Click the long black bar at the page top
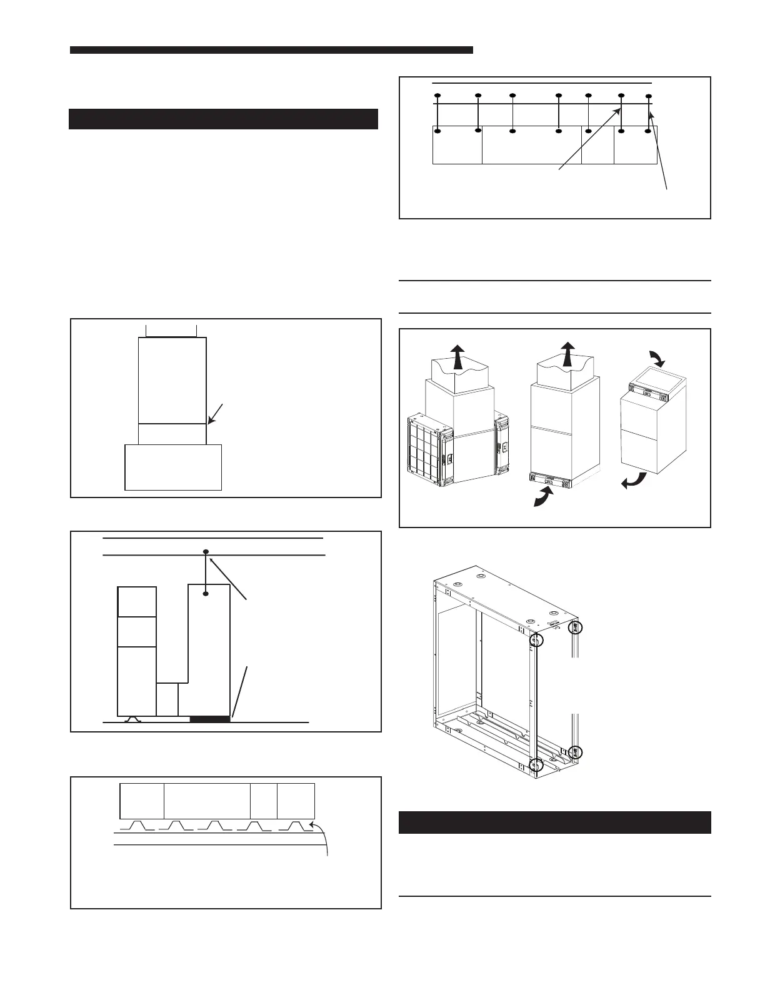271,50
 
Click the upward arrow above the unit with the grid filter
458,356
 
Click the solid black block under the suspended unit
210,719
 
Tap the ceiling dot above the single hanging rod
206,552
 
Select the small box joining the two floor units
167,699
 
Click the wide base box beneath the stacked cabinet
174,467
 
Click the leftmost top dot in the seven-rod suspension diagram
437,95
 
